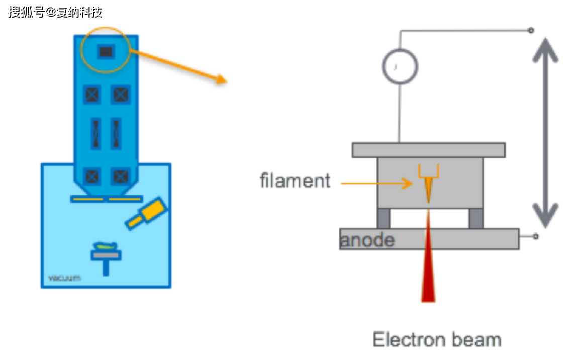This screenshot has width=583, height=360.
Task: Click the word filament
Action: coord(295,181)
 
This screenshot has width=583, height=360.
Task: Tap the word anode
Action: coord(367,240)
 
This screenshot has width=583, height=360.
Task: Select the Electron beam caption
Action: coord(437,340)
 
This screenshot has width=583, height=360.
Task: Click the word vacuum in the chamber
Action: coord(64,278)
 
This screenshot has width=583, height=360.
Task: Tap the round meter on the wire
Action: coord(400,66)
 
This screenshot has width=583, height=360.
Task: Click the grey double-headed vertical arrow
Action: coord(545,133)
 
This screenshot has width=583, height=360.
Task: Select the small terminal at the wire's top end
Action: coord(531,31)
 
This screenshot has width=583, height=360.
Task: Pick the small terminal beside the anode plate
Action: coord(536,236)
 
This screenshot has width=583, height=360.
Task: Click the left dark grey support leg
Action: coord(383,218)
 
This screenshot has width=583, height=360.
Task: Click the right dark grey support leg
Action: coord(475,218)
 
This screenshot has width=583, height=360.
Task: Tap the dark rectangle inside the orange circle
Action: coord(106,51)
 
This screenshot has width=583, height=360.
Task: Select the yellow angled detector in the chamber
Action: coord(147,214)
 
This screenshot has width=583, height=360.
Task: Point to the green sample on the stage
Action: coord(106,246)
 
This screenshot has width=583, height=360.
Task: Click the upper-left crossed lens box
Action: coord(92,95)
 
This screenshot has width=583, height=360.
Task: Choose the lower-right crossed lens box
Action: coord(121,176)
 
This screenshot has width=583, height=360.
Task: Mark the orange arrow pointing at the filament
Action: coord(377,183)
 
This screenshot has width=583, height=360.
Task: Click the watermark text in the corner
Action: coord(55,12)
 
